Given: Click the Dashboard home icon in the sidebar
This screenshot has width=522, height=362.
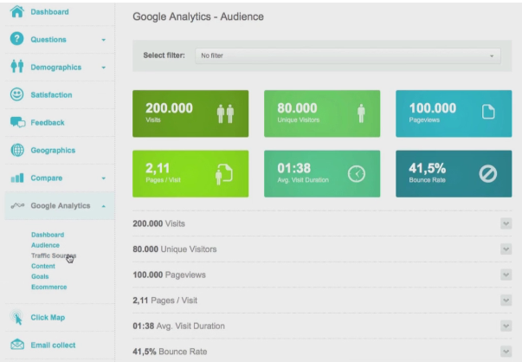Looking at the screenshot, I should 16,12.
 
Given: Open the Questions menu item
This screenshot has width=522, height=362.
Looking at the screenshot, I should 48,40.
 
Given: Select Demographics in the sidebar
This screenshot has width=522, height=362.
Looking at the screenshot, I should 55,68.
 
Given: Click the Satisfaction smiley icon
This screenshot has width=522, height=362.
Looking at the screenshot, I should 16,94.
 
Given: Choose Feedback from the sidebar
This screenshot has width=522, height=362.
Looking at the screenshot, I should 48,122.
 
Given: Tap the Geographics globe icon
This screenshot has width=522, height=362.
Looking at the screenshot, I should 16,150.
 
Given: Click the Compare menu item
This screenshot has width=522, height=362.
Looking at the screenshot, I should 47,178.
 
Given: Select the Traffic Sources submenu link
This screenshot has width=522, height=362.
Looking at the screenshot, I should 53,255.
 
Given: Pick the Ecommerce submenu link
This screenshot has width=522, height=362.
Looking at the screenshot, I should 49,287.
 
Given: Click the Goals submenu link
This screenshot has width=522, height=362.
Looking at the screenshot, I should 41,276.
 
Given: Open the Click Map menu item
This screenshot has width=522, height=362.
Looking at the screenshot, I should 48,317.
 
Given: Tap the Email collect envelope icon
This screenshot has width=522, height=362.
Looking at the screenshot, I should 16,345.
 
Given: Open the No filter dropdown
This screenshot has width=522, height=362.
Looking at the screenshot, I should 348,55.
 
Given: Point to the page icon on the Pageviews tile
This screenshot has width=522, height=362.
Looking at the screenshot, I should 488,112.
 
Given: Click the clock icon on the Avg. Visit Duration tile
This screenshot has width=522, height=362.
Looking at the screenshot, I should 357,174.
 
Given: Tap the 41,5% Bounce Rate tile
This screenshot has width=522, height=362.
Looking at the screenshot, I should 454,173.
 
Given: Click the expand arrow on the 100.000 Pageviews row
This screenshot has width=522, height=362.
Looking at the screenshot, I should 506,274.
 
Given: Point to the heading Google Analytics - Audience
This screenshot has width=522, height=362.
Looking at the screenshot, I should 198,16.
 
